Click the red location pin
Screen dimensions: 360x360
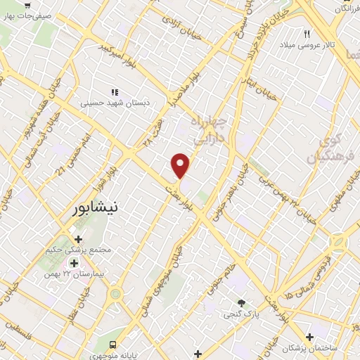181,166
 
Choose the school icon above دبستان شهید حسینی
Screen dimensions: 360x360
114,91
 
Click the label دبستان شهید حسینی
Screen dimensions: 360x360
127,103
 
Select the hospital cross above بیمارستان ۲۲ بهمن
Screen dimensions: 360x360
74,263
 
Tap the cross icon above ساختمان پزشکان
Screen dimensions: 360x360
309,337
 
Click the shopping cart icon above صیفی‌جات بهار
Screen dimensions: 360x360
26,6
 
